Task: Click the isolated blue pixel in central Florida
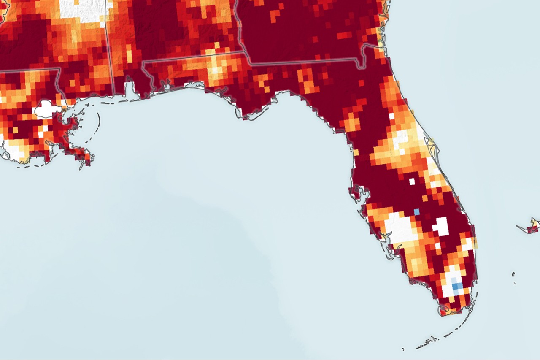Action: [x=417, y=211]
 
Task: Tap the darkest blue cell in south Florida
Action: [x=457, y=287]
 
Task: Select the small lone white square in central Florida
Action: [x=412, y=181]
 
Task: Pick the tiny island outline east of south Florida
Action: [x=514, y=274]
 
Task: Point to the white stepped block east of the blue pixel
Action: [x=441, y=226]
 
